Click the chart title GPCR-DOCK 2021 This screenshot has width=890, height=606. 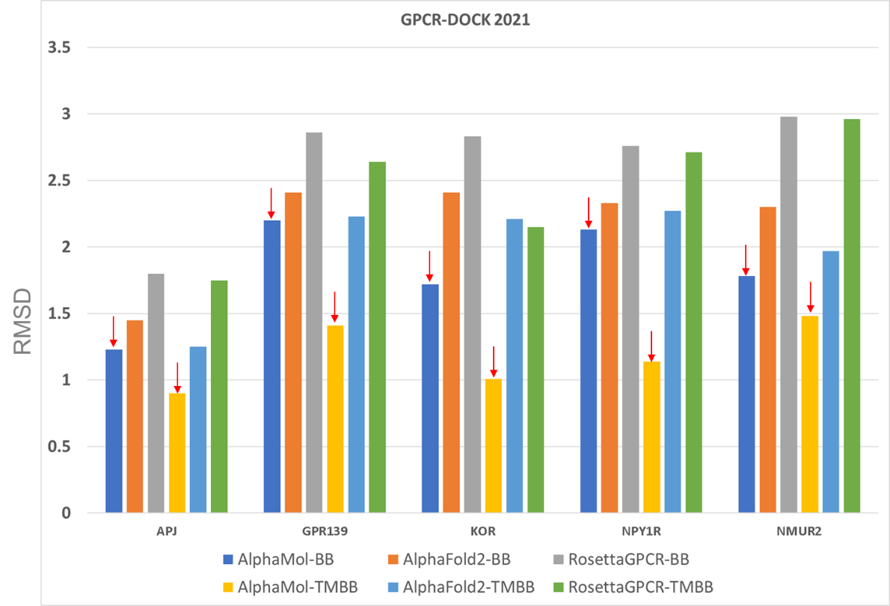point(464,20)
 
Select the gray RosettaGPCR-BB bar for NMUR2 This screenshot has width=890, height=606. point(788,315)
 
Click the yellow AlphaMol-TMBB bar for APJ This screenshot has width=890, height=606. point(177,453)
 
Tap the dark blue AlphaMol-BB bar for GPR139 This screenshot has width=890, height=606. point(272,367)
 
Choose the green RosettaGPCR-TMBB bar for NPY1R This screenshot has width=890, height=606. point(693,333)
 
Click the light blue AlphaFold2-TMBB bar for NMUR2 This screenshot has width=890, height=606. point(830,382)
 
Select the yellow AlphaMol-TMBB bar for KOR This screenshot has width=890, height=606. point(493,446)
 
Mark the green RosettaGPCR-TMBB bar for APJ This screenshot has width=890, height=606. point(219,397)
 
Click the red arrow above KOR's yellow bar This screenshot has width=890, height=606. point(493,361)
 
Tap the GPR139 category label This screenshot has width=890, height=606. point(325,533)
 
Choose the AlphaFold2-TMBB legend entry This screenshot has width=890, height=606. point(460,587)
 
